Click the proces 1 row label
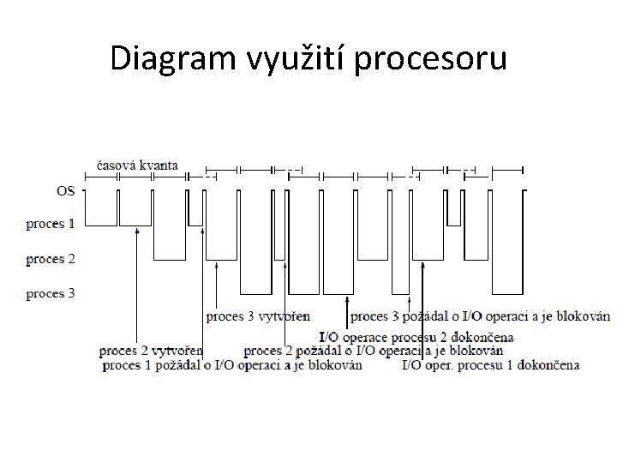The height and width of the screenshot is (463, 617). pyautogui.click(x=50, y=225)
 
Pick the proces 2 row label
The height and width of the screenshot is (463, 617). pyautogui.click(x=50, y=259)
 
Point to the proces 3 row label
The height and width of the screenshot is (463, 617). pyautogui.click(x=50, y=294)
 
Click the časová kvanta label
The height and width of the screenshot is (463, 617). pyautogui.click(x=136, y=165)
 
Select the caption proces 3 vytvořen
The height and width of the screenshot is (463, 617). pyautogui.click(x=259, y=316)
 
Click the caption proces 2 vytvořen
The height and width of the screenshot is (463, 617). pyautogui.click(x=151, y=351)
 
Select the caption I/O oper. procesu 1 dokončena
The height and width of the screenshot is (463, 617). pyautogui.click(x=490, y=364)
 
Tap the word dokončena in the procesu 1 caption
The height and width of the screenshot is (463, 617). pyautogui.click(x=549, y=364)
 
